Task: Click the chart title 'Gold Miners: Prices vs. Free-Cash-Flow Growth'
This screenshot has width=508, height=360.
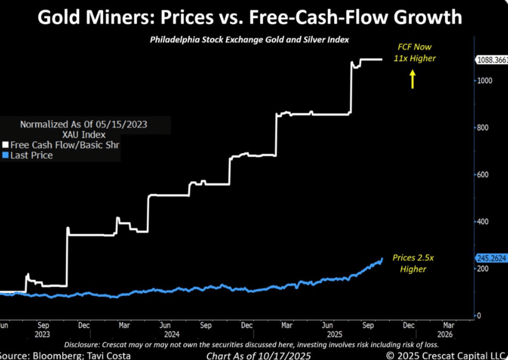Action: pyautogui.click(x=249, y=17)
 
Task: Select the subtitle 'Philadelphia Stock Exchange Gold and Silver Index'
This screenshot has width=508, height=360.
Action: pyautogui.click(x=249, y=40)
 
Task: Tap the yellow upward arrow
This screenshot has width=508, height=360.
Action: pyautogui.click(x=412, y=79)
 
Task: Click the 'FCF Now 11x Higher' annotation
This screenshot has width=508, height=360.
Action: pyautogui.click(x=414, y=53)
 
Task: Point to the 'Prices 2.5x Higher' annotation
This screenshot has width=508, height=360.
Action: pyautogui.click(x=413, y=263)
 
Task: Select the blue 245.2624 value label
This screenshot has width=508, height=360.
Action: pyautogui.click(x=491, y=258)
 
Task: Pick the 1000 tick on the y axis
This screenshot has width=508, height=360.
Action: pyautogui.click(x=485, y=81)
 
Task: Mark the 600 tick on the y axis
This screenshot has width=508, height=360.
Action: pyautogui.click(x=482, y=174)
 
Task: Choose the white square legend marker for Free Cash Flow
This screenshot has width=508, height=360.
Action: pyautogui.click(x=5, y=145)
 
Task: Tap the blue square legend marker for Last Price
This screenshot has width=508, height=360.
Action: pyautogui.click(x=5, y=155)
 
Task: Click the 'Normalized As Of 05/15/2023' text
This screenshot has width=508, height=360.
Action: pyautogui.click(x=84, y=124)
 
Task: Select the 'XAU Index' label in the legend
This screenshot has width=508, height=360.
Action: pyautogui.click(x=84, y=135)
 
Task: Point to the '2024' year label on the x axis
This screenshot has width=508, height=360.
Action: pyautogui.click(x=172, y=334)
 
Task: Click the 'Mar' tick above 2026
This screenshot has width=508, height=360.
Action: pyautogui.click(x=449, y=325)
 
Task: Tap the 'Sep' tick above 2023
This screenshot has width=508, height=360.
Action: pyautogui.click(x=43, y=325)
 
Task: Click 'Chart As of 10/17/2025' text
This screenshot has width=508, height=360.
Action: pyautogui.click(x=258, y=356)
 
